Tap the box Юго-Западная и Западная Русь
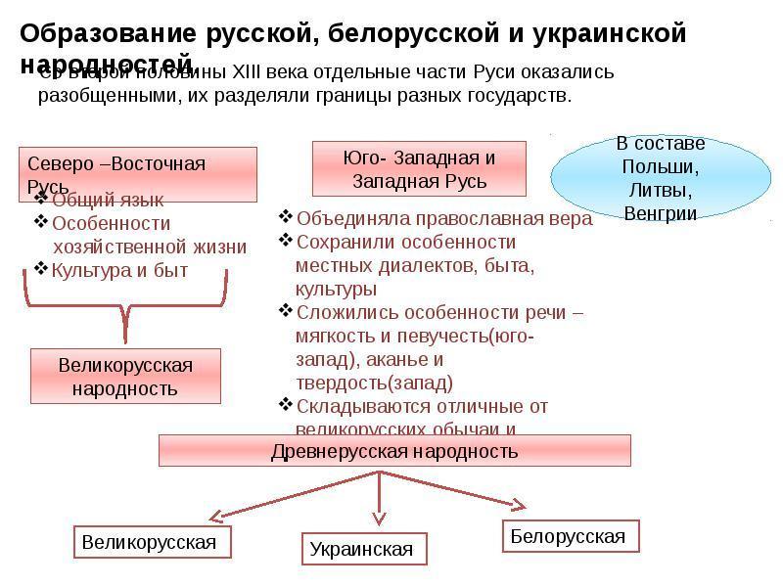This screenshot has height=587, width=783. coord(419,169)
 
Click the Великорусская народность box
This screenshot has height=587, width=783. coord(126,377)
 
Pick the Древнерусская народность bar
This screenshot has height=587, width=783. coord(394,451)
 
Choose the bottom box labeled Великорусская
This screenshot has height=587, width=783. coord(149,542)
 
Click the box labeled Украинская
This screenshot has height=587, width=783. coord(361,549)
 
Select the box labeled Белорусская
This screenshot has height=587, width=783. coord(568,536)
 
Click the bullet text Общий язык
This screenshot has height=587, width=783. coord(108,200)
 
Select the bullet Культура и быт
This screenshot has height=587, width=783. coord(118,269)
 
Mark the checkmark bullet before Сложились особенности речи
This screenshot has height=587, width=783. coord(285,311)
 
